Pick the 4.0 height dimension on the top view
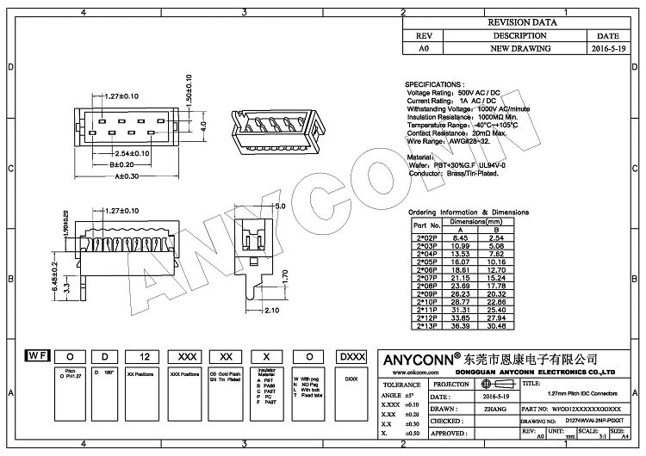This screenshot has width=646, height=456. (x=205, y=126)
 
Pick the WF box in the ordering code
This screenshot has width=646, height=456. (x=37, y=355)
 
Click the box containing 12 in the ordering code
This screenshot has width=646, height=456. (x=144, y=355)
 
